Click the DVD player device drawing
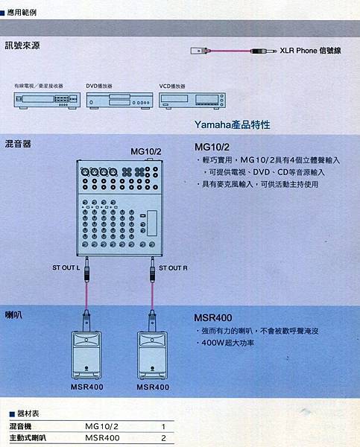point(119,101)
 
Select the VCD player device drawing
point(192,101)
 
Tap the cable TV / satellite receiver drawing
point(47,101)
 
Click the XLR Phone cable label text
point(310,51)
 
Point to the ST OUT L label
point(66,267)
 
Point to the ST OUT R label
point(173,268)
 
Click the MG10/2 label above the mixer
point(146,151)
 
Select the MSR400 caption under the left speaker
point(87,387)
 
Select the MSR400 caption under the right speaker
point(153,387)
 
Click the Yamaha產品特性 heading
point(233,124)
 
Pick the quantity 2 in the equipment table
point(163,438)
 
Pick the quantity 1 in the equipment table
point(163,426)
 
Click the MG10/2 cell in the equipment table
point(101,426)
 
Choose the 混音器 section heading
point(18,144)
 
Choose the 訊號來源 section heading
point(22,45)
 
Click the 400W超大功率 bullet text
point(227,343)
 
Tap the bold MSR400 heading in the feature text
point(213,318)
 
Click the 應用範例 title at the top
point(22,13)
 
